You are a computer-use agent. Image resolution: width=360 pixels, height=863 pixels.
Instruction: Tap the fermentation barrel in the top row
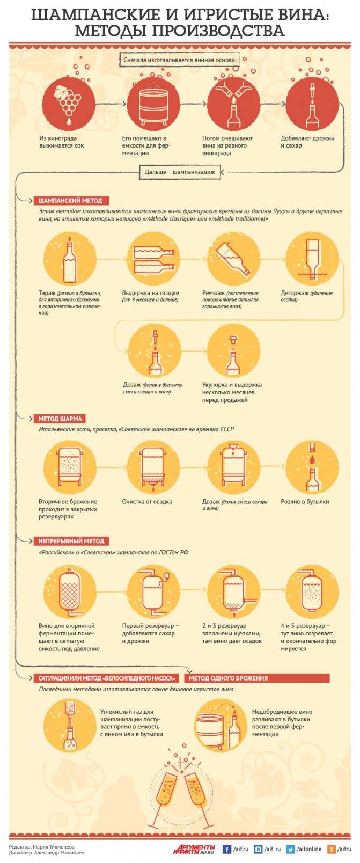153,105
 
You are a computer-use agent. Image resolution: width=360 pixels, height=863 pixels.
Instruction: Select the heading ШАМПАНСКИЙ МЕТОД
70,201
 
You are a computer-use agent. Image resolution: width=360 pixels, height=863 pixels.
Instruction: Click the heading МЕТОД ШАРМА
60,419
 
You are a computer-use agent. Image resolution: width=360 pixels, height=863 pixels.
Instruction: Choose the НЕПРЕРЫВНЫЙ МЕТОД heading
71,541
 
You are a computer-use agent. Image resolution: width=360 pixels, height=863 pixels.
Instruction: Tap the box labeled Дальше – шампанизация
180,172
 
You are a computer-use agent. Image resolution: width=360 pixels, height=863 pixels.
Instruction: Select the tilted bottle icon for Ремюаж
233,259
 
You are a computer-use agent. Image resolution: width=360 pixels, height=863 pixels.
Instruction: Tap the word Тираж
47,293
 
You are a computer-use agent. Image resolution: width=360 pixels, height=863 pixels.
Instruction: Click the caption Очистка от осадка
147,502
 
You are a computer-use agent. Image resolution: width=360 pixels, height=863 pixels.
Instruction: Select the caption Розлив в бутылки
305,502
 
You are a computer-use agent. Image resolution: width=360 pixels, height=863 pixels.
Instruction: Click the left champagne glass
165,790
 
